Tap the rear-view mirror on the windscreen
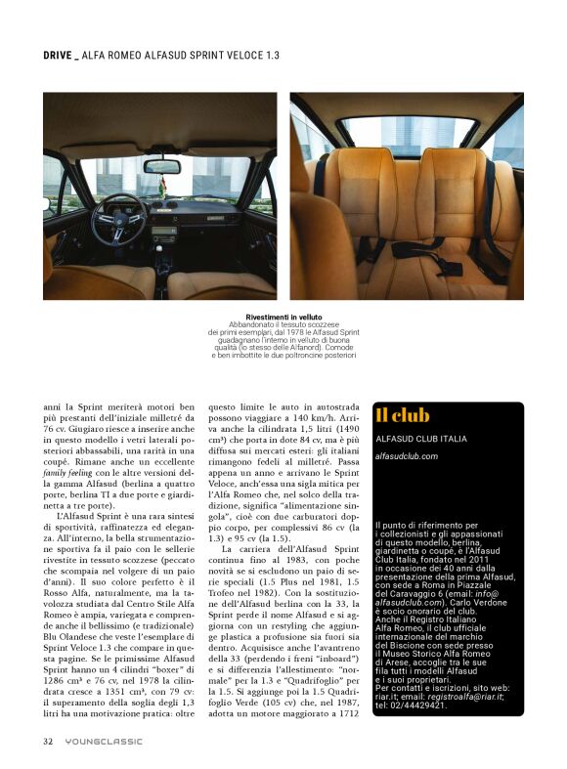161,166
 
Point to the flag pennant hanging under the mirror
164,187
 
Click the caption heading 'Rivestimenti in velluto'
283,318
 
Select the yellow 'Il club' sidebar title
403,416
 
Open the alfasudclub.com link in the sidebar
407,455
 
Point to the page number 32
47,741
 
